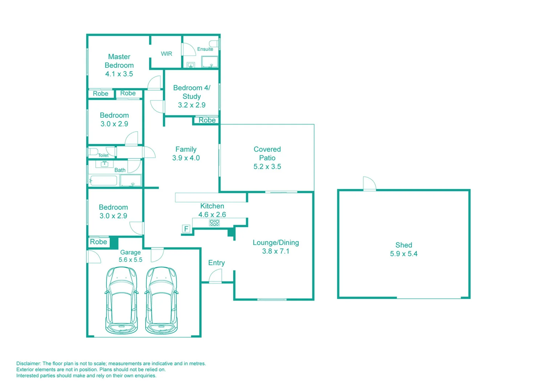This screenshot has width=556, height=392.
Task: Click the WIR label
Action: pyautogui.click(x=166, y=54)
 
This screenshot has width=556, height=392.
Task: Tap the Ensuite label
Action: pyautogui.click(x=205, y=49)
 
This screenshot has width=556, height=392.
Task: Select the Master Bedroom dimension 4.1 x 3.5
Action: pyautogui.click(x=119, y=74)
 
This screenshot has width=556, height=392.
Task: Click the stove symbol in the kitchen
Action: pyautogui.click(x=214, y=223)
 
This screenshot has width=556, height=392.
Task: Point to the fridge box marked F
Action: pyautogui.click(x=186, y=229)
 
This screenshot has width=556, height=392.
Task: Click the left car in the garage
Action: pyautogui.click(x=121, y=301)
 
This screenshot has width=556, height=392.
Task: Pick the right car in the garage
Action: pyautogui.click(x=162, y=301)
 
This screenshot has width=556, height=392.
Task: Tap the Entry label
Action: pyautogui.click(x=216, y=263)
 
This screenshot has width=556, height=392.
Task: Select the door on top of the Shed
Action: pyautogui.click(x=369, y=184)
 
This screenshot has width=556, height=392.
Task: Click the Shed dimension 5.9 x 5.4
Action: pyautogui.click(x=403, y=254)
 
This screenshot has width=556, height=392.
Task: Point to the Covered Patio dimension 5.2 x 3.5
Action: pyautogui.click(x=267, y=167)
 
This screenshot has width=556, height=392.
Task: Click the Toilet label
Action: pyautogui.click(x=103, y=155)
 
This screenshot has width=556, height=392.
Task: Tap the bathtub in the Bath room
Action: pyautogui.click(x=104, y=180)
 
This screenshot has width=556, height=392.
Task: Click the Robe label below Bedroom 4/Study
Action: pyautogui.click(x=207, y=120)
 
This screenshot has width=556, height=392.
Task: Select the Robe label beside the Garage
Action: pyautogui.click(x=98, y=242)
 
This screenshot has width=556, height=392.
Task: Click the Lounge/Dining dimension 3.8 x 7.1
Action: pyautogui.click(x=275, y=251)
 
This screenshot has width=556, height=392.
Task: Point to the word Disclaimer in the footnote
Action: pyautogui.click(x=28, y=363)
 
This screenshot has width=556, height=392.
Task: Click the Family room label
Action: pyautogui.click(x=186, y=149)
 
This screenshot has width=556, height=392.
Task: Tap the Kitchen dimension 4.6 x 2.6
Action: pyautogui.click(x=212, y=215)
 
